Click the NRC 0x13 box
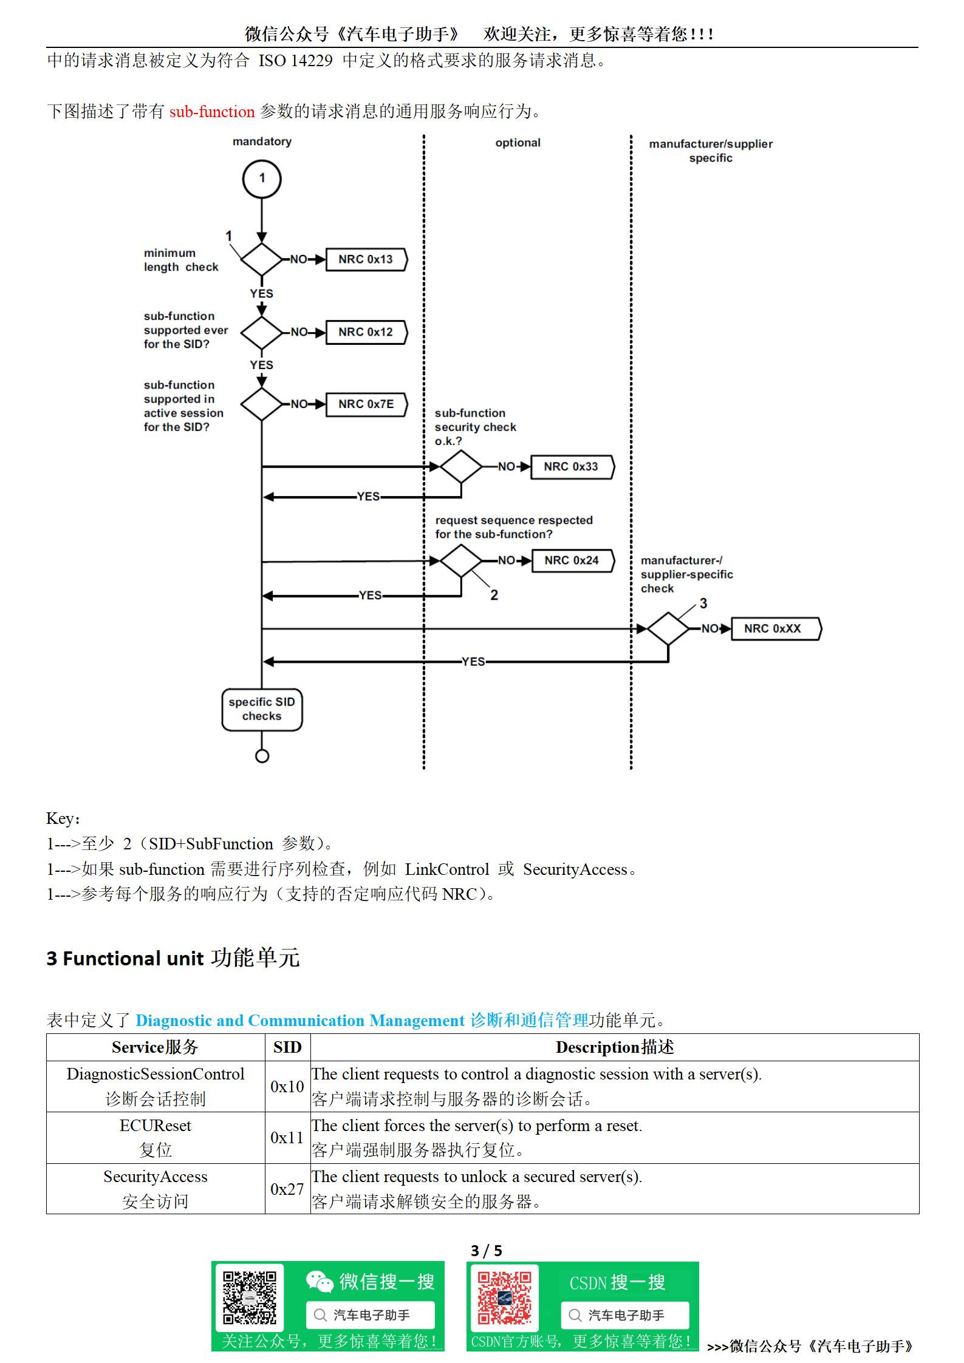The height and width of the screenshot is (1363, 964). coord(366,259)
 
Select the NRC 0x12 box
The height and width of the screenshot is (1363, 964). coord(366,332)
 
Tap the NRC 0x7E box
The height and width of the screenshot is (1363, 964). coord(366,404)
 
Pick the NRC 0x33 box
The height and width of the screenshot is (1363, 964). coord(572,467)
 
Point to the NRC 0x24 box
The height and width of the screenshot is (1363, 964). coord(572,560)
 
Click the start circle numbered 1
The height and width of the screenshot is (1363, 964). coord(262,178)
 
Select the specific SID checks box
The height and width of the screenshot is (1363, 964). coord(262,709)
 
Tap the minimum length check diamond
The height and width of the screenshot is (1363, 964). coord(262,260)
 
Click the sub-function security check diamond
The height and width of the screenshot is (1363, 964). coord(460,467)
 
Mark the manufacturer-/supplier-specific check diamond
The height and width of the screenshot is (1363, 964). coord(668,629)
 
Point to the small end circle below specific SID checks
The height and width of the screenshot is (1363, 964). coord(262,756)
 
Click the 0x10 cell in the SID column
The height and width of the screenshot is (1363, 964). coord(287,1087)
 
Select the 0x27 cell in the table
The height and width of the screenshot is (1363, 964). coord(287,1189)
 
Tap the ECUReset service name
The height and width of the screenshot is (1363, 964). coord(156,1126)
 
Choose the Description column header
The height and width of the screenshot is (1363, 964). coord(614,1047)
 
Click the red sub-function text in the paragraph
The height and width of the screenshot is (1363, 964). coord(212,112)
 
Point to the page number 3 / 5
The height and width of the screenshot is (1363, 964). coord(486,1251)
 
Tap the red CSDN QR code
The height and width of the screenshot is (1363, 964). coord(504,1298)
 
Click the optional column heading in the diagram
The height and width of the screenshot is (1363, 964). coord(518,143)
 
